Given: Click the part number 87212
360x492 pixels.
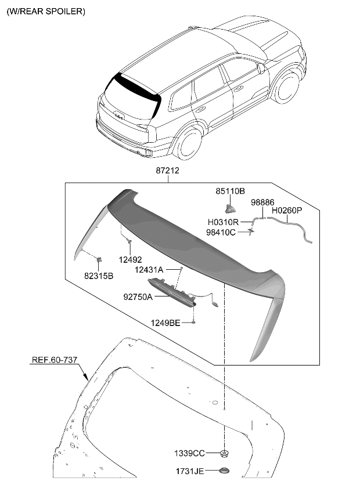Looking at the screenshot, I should coord(167,171).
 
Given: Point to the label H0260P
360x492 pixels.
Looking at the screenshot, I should coord(287,211).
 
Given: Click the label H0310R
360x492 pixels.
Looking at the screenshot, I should coord(223,222).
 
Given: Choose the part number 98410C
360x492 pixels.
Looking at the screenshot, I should coord(221,232).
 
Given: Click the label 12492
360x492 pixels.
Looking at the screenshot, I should coord(131,260).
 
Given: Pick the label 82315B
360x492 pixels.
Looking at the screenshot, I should coord(98,276).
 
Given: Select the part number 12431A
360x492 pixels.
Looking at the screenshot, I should coord(149,270).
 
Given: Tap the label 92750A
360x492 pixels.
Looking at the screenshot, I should coord(138,296).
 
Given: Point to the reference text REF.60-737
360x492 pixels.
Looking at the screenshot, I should coord(54,360).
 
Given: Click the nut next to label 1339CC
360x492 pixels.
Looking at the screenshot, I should coord(224,453).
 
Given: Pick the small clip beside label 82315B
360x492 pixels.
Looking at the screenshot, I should coord(99,259).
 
